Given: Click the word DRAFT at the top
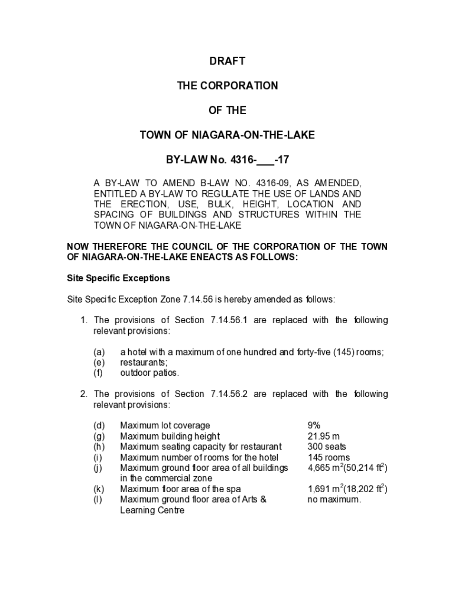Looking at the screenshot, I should [227, 61].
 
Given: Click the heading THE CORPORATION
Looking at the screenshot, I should [227, 86].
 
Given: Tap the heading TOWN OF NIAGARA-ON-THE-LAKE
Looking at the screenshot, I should [227, 135].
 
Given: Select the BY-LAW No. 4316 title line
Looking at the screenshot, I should [227, 160].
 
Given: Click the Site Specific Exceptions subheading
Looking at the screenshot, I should [118, 278].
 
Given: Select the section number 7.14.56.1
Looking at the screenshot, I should [229, 320].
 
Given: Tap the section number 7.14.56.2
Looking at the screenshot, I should [229, 394].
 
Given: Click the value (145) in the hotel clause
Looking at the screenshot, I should [344, 352].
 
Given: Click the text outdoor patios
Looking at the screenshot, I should [149, 373].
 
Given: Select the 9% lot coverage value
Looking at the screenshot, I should [314, 425].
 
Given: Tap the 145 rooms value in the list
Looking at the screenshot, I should [329, 457].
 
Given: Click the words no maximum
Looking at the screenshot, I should [334, 500].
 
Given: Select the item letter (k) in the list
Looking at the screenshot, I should [99, 489].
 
